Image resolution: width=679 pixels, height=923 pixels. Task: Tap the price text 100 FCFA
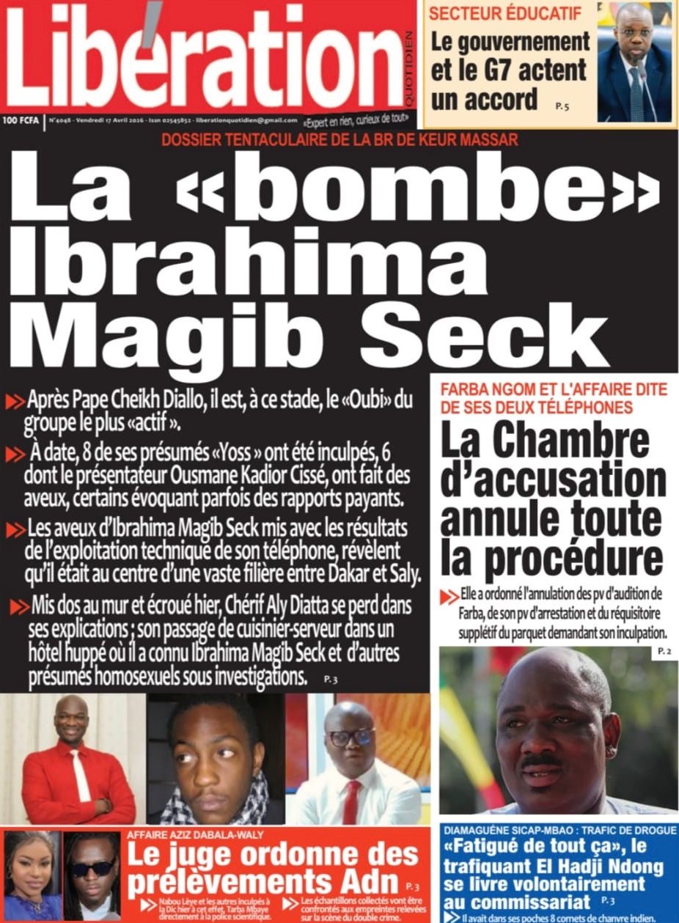[x=21, y=119]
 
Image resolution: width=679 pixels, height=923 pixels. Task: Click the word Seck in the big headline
[x=484, y=330]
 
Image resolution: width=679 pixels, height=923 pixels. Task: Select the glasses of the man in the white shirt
[x=350, y=738]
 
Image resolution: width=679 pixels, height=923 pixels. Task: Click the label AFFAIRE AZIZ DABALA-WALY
[x=195, y=834]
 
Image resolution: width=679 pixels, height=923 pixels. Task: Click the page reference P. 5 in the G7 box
[x=562, y=107]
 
